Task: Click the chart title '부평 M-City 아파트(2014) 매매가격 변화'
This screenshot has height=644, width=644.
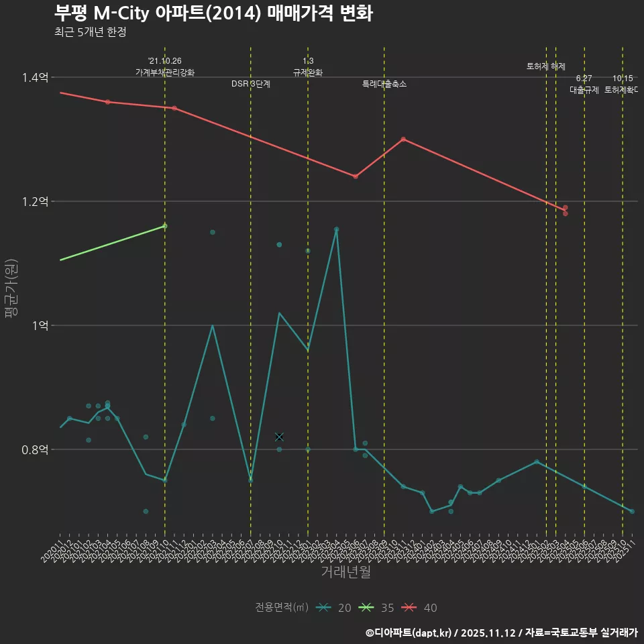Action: [x=213, y=13]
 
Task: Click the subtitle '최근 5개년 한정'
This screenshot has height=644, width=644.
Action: [x=90, y=32]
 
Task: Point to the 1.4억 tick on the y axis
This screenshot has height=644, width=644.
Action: [x=35, y=78]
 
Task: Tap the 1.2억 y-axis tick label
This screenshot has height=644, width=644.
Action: [x=35, y=201]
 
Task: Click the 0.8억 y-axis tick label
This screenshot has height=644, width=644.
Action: [x=35, y=449]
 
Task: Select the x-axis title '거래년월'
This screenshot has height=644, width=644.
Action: [x=345, y=572]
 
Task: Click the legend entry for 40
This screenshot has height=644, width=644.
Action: [x=420, y=608]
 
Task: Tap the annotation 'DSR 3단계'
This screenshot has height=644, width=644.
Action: [x=251, y=84]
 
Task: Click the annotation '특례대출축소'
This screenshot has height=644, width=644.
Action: [x=384, y=84]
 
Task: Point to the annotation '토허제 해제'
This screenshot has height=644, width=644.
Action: [x=546, y=66]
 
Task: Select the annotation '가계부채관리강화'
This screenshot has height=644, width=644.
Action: [x=165, y=72]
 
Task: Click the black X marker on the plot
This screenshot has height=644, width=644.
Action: [x=279, y=437]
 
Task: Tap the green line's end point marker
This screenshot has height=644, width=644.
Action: [x=165, y=226]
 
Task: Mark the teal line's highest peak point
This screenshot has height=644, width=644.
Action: [x=337, y=229]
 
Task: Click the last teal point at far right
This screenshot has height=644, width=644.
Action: [x=632, y=511]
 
